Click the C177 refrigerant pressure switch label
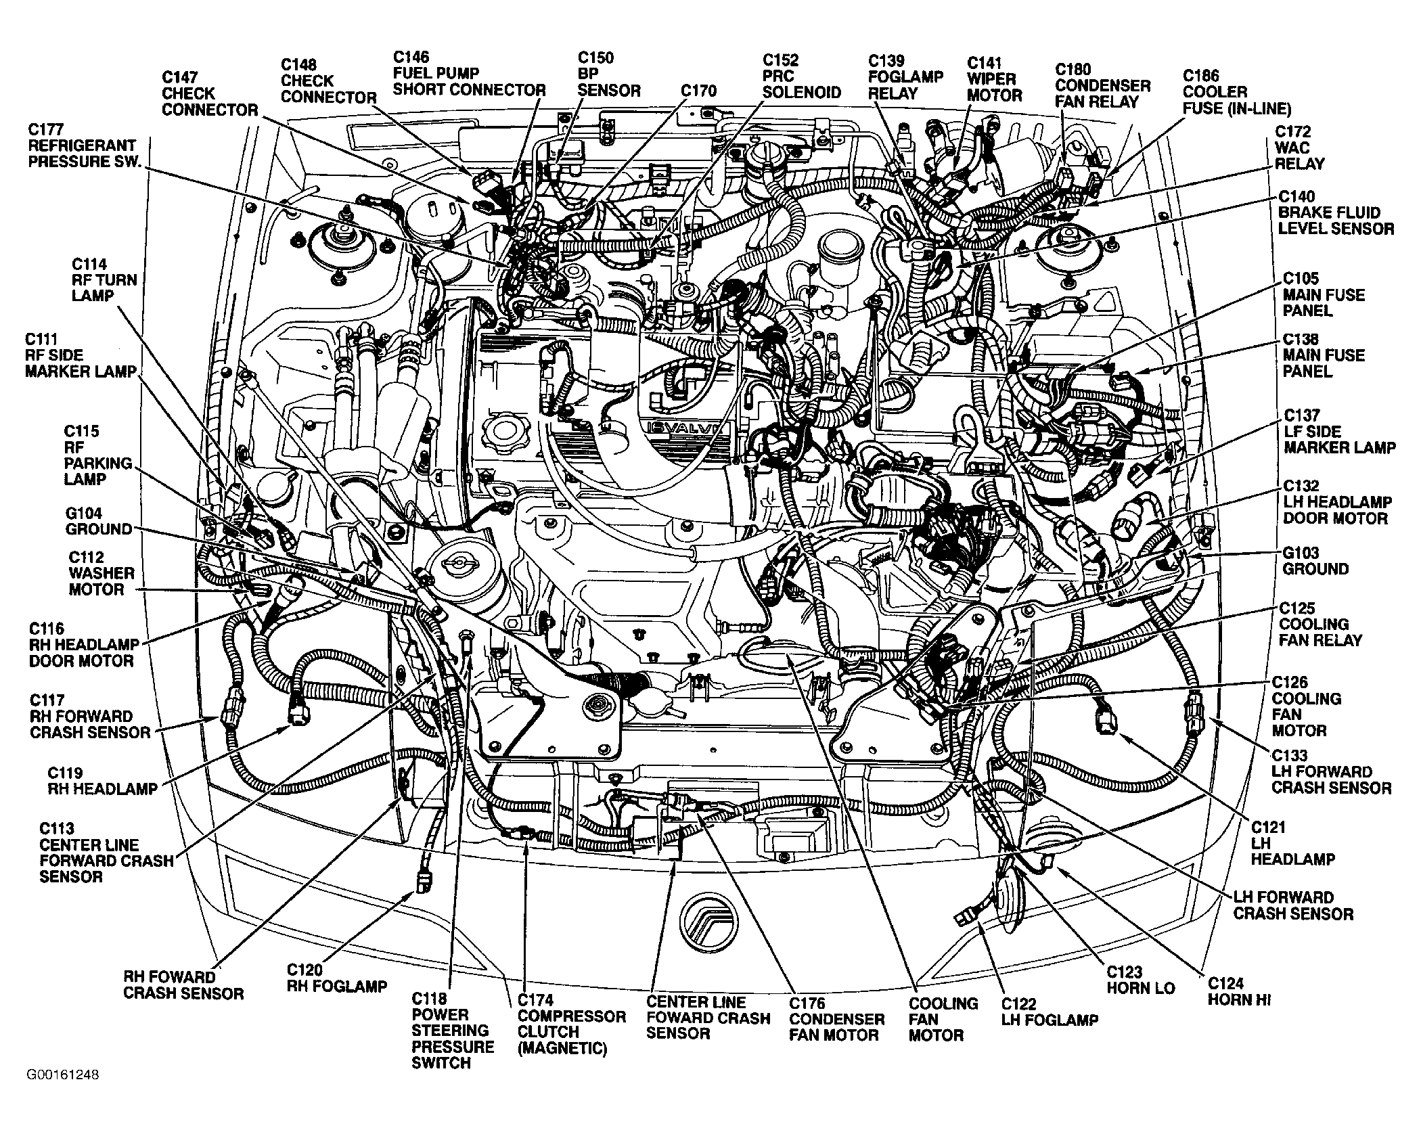82,145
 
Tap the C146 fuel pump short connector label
469,73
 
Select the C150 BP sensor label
608,74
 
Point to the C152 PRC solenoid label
801,76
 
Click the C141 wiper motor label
993,79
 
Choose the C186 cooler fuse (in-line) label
1236,92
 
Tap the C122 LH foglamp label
1050,1012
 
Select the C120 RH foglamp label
336,978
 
